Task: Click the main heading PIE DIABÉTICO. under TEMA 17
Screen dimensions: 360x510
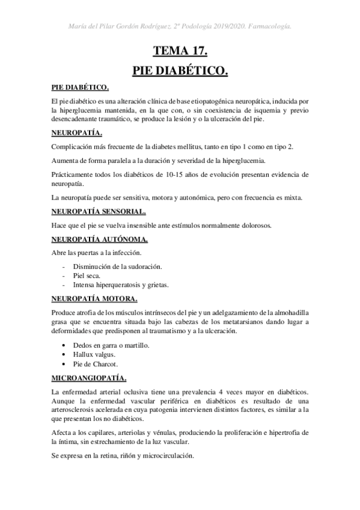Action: (x=180, y=71)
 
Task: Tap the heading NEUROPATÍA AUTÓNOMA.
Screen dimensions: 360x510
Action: (x=97, y=240)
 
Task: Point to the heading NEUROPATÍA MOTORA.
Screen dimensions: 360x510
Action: (x=94, y=298)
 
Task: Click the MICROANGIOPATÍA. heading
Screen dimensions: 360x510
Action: (x=89, y=378)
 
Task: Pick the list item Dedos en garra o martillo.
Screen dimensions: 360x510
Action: (x=111, y=345)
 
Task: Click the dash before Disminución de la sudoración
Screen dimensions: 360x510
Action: (x=64, y=266)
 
